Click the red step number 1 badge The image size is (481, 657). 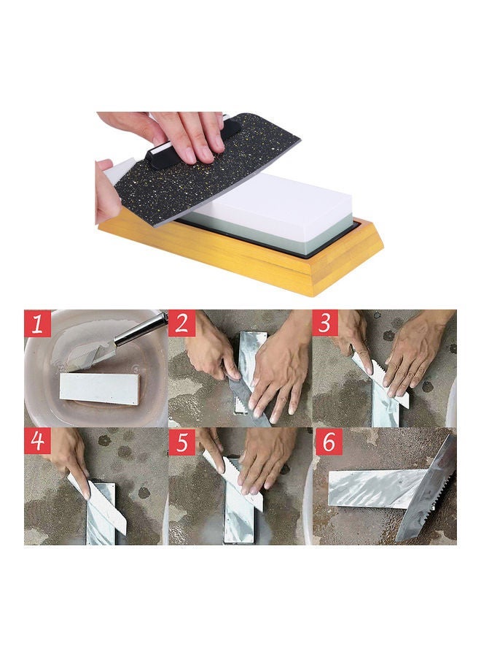click(x=38, y=323)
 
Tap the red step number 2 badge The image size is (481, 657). click(x=181, y=323)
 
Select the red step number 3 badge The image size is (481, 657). click(x=326, y=323)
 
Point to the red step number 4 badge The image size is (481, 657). click(x=38, y=442)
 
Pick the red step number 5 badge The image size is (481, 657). click(x=181, y=442)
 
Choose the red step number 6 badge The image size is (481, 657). click(x=326, y=442)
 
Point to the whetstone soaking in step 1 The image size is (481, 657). click(x=98, y=388)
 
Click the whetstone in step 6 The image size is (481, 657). click(x=372, y=488)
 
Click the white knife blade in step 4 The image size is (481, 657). click(x=102, y=507)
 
